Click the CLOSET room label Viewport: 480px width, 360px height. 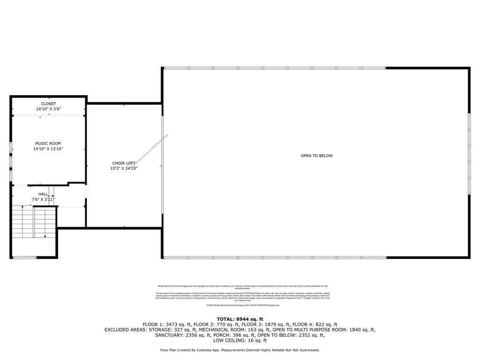pyautogui.click(x=48, y=104)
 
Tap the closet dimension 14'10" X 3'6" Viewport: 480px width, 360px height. pyautogui.click(x=48, y=109)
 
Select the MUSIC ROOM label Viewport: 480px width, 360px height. pyautogui.click(x=48, y=143)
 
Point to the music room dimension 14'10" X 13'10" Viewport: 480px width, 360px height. pyautogui.click(x=48, y=149)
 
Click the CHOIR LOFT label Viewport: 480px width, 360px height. pyautogui.click(x=124, y=163)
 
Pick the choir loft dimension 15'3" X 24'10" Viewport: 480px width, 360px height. pyautogui.click(x=124, y=168)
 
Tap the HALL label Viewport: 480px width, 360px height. pyautogui.click(x=43, y=194)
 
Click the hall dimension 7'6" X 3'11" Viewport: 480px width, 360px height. pyautogui.click(x=43, y=199)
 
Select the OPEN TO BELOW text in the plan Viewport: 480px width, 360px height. pyautogui.click(x=316, y=156)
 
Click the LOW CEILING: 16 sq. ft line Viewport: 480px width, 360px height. pyautogui.click(x=240, y=340)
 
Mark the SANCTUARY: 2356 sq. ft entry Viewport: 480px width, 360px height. pyautogui.click(x=183, y=335)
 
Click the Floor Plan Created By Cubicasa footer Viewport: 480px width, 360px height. pyautogui.click(x=240, y=350)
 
